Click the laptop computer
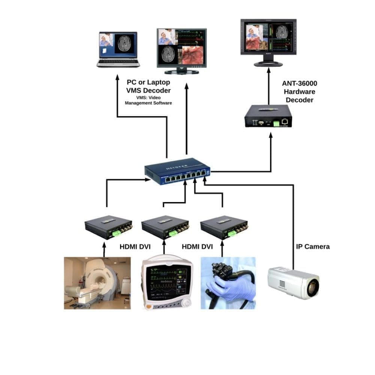[118, 49]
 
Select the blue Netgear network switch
[177, 171]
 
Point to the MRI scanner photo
[97, 283]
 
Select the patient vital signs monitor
[167, 282]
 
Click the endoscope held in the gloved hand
[228, 283]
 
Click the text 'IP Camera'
[313, 247]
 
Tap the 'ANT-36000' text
[299, 84]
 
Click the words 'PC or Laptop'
[148, 82]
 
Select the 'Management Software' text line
[148, 103]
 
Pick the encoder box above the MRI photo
[108, 227]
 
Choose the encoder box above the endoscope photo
[224, 227]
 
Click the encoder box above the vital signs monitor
[165, 227]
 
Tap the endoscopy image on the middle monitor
[192, 55]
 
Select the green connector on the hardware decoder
[276, 123]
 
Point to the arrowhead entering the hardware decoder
[271, 135]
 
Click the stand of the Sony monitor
[268, 60]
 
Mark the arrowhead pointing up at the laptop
[117, 77]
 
